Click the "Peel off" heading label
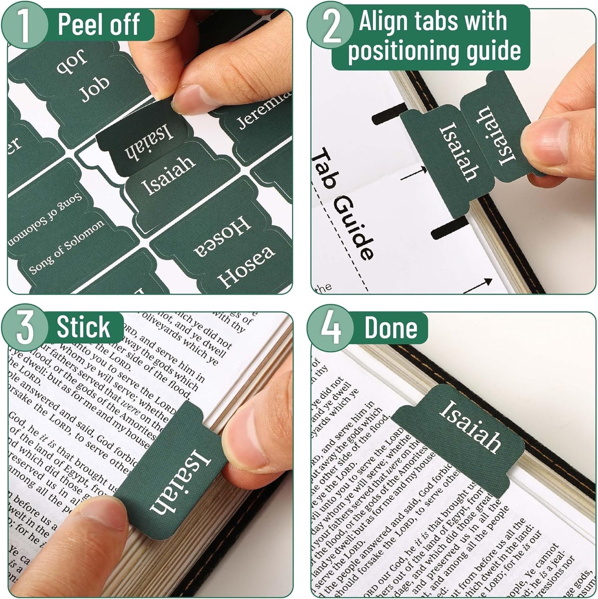coord(98,24)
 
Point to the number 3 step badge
coord(24,328)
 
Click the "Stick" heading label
coord(83,327)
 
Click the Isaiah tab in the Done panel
coord(470,427)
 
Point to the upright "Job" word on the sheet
coord(95,88)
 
